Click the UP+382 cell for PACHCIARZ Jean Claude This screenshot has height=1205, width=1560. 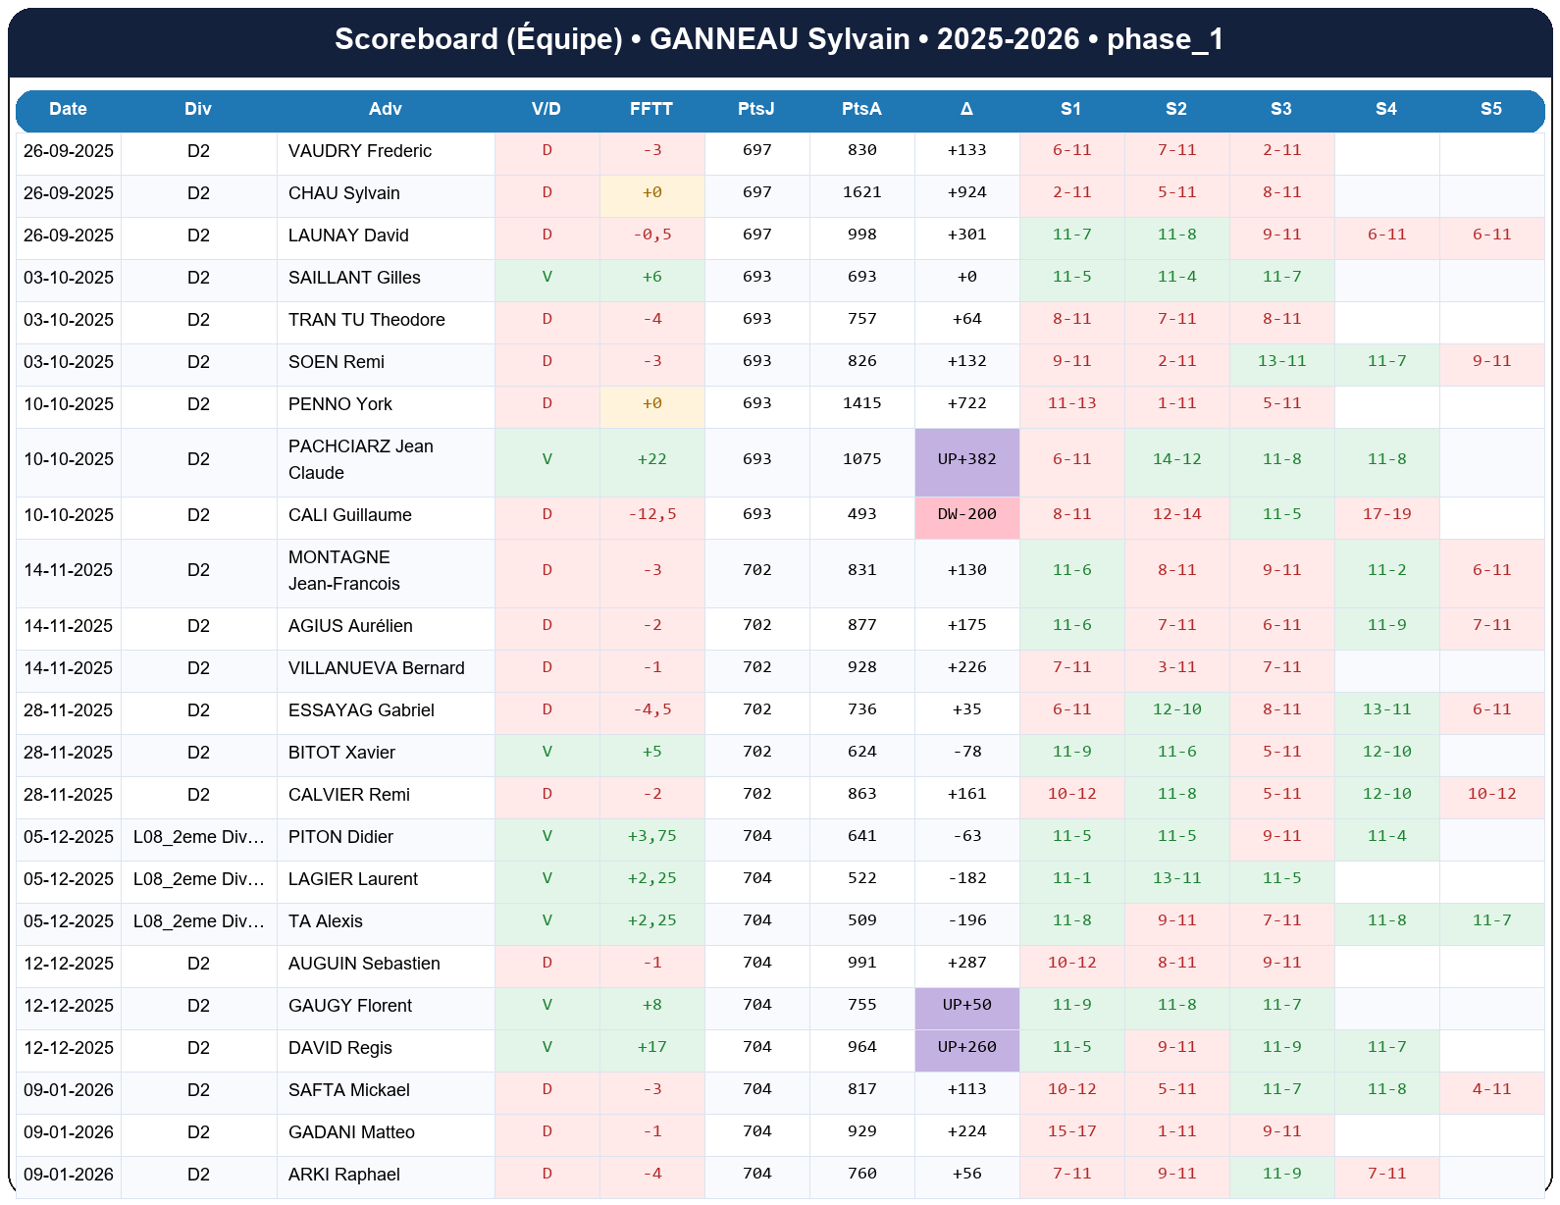(966, 459)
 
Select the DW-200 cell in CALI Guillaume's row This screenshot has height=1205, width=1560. (966, 514)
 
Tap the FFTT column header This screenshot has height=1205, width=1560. (651, 109)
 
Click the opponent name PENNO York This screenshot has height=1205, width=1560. (340, 404)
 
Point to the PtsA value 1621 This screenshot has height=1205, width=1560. (861, 192)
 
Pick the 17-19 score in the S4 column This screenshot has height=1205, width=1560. (1386, 514)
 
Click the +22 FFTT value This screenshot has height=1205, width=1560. (651, 459)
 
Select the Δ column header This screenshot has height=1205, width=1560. (966, 109)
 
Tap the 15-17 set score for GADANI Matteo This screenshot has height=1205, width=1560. (1071, 1131)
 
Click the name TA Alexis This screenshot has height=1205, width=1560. (326, 921)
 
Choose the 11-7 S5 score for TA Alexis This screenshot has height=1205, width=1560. (1491, 920)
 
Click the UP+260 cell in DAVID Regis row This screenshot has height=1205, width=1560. (966, 1047)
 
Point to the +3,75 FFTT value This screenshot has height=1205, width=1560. (651, 836)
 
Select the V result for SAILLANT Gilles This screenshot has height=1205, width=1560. (546, 277)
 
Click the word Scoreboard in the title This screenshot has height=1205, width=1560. (416, 39)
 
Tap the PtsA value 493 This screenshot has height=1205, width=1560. (861, 514)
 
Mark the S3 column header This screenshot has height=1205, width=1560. (1280, 109)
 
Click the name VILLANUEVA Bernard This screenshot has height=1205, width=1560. (377, 668)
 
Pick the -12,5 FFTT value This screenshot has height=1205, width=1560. (651, 514)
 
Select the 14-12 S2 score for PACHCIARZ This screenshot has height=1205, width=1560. (1176, 459)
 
